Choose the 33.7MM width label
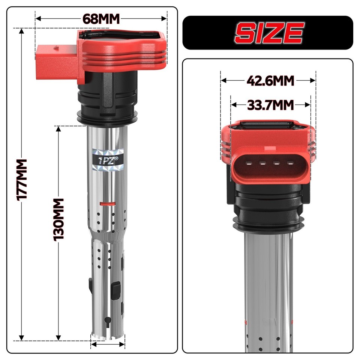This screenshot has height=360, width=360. point(270,105)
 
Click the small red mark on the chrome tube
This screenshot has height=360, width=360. point(107,204)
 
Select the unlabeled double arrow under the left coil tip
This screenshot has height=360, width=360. point(108,344)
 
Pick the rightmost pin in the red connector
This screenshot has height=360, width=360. point(290,163)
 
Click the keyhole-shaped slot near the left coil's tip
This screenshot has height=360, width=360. point(108,320)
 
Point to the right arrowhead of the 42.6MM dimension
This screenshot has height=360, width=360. point(313,80)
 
